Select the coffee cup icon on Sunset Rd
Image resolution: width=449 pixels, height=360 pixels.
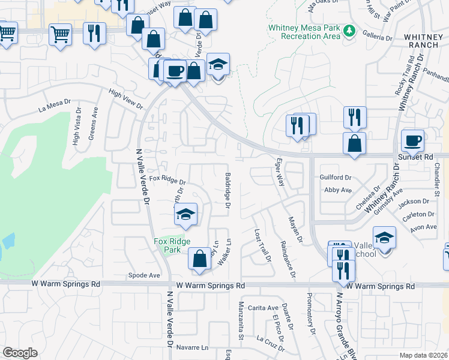pos(412,140)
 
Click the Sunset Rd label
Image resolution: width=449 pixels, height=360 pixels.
pos(415,157)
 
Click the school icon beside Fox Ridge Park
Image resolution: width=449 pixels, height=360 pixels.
pos(186,214)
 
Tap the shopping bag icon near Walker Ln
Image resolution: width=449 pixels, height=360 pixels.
pos(199,258)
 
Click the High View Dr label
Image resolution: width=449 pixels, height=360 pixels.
pos(125,99)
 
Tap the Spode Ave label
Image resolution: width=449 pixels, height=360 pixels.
pos(144,275)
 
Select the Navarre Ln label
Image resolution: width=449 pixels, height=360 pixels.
pos(193,347)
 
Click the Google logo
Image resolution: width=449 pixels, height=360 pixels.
pos(20,353)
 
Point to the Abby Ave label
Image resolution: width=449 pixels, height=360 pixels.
pos(337,190)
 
